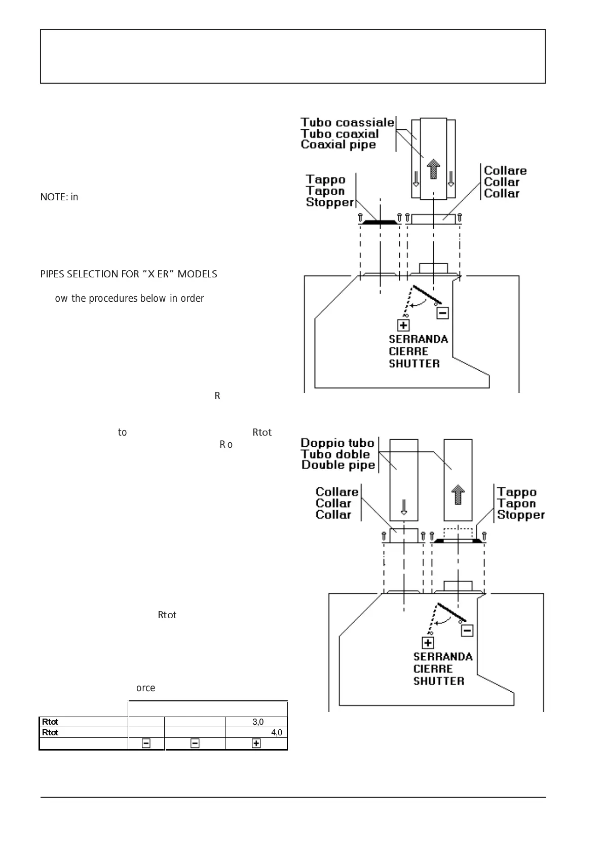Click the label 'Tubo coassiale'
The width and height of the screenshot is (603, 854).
pyautogui.click(x=347, y=122)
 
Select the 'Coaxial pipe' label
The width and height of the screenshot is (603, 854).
pyautogui.click(x=338, y=145)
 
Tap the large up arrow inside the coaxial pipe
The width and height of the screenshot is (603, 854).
pyautogui.click(x=433, y=168)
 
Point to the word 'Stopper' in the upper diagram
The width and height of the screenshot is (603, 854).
pyautogui.click(x=329, y=202)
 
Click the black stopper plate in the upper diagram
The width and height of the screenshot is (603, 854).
pyautogui.click(x=380, y=222)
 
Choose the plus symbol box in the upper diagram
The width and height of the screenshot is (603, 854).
pyautogui.click(x=403, y=325)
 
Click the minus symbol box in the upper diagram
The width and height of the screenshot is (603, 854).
pyautogui.click(x=442, y=313)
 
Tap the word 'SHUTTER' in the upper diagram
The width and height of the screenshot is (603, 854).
pyautogui.click(x=414, y=364)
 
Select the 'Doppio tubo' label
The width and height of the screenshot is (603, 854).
pyautogui.click(x=337, y=443)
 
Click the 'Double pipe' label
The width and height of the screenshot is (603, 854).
pyautogui.click(x=338, y=465)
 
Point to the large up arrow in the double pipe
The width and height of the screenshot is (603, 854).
pyautogui.click(x=458, y=494)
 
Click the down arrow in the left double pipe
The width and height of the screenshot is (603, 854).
pyautogui.click(x=404, y=506)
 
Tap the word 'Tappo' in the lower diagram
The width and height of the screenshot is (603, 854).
pyautogui.click(x=516, y=492)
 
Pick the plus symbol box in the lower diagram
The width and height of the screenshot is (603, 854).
pyautogui.click(x=428, y=643)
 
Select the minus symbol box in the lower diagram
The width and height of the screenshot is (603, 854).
pyautogui.click(x=467, y=631)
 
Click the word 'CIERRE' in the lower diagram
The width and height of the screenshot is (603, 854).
pyautogui.click(x=433, y=669)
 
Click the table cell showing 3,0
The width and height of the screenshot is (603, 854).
pyautogui.click(x=257, y=722)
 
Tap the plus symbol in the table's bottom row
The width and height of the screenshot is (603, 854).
pyautogui.click(x=256, y=743)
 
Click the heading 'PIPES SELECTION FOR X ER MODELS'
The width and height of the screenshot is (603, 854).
pyautogui.click(x=129, y=274)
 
